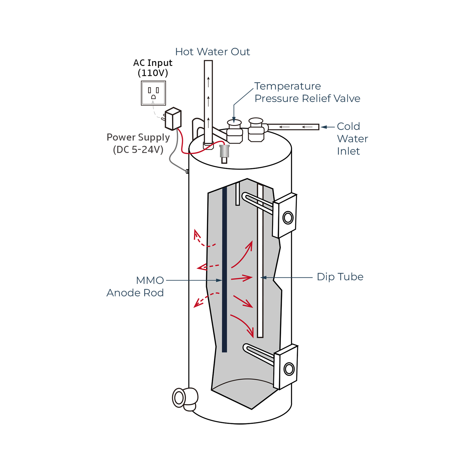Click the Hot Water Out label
(212, 52)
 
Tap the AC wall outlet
(153, 93)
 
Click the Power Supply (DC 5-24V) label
(138, 143)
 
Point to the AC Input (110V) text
(153, 67)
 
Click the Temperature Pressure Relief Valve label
(307, 92)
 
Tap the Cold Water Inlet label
(352, 139)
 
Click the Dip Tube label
(340, 277)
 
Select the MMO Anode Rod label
(135, 286)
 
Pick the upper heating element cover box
(285, 215)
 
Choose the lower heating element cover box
(286, 367)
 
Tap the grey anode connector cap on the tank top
(224, 151)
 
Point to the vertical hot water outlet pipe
(208, 100)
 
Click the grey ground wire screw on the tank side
(187, 171)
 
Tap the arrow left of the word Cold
(324, 127)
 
